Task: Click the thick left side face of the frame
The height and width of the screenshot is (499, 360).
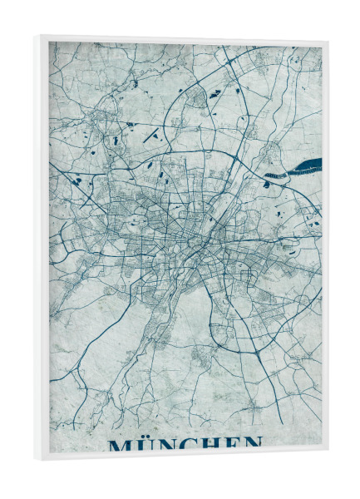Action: point(41,249)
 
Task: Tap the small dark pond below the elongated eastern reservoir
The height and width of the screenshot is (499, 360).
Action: point(268,184)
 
